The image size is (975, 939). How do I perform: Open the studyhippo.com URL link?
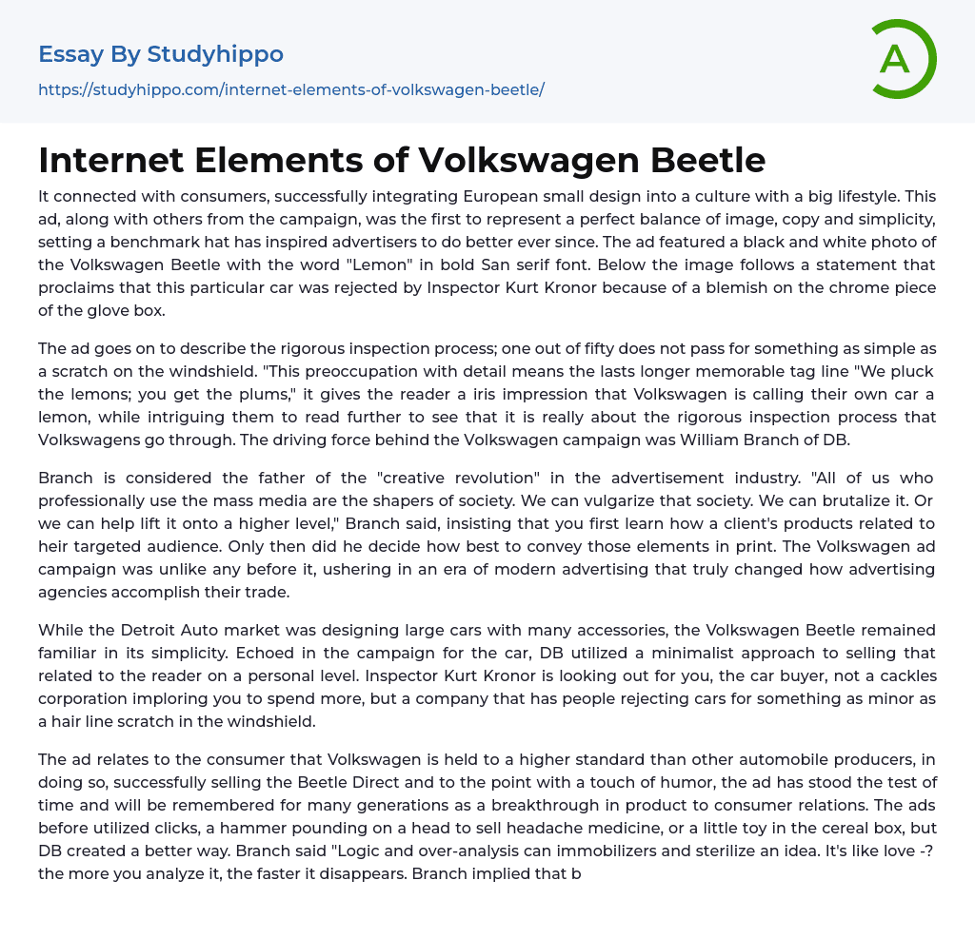tap(291, 89)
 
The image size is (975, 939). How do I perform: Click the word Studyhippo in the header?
tap(215, 54)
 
